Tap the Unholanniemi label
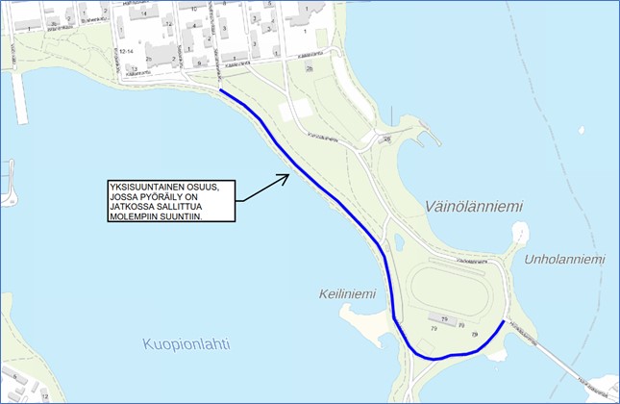[x=565, y=260]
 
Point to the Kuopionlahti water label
[x=186, y=343]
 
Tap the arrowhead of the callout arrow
[x=285, y=176]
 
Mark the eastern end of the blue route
[x=504, y=322]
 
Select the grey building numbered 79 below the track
[x=445, y=319]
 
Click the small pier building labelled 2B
[x=387, y=140]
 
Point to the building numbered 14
[x=144, y=13]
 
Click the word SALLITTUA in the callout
[x=180, y=207]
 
